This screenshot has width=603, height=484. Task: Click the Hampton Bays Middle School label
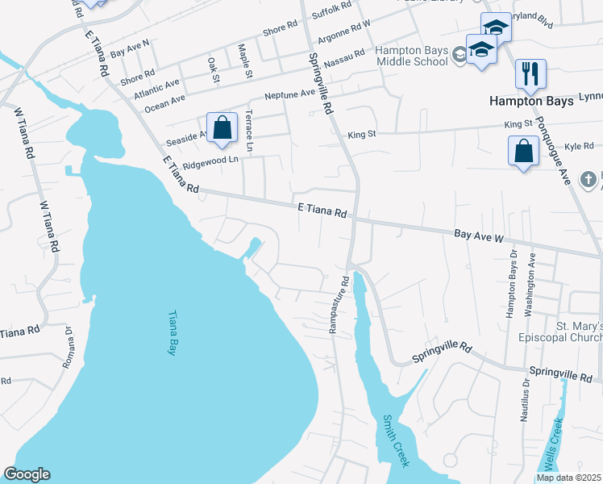click(x=411, y=56)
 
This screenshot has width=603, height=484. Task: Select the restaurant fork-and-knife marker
click(x=530, y=74)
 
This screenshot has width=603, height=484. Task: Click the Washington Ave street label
click(x=530, y=287)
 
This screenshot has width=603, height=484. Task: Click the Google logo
click(x=27, y=474)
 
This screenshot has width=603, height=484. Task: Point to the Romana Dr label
click(x=69, y=348)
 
